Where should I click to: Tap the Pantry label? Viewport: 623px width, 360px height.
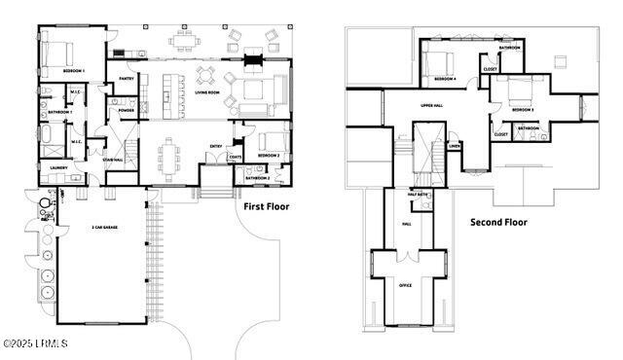click(127, 79)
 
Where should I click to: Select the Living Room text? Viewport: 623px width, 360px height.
click(207, 93)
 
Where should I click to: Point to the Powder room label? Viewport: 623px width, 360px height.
click(126, 110)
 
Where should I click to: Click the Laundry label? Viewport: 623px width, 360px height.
click(57, 167)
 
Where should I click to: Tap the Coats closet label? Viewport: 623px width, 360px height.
click(235, 157)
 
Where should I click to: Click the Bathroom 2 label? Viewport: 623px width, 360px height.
click(257, 178)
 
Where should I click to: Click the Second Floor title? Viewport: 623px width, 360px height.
click(498, 223)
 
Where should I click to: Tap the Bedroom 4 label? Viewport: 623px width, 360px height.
click(445, 79)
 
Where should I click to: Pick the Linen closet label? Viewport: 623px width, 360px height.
click(454, 147)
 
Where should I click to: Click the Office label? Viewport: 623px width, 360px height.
click(406, 284)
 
